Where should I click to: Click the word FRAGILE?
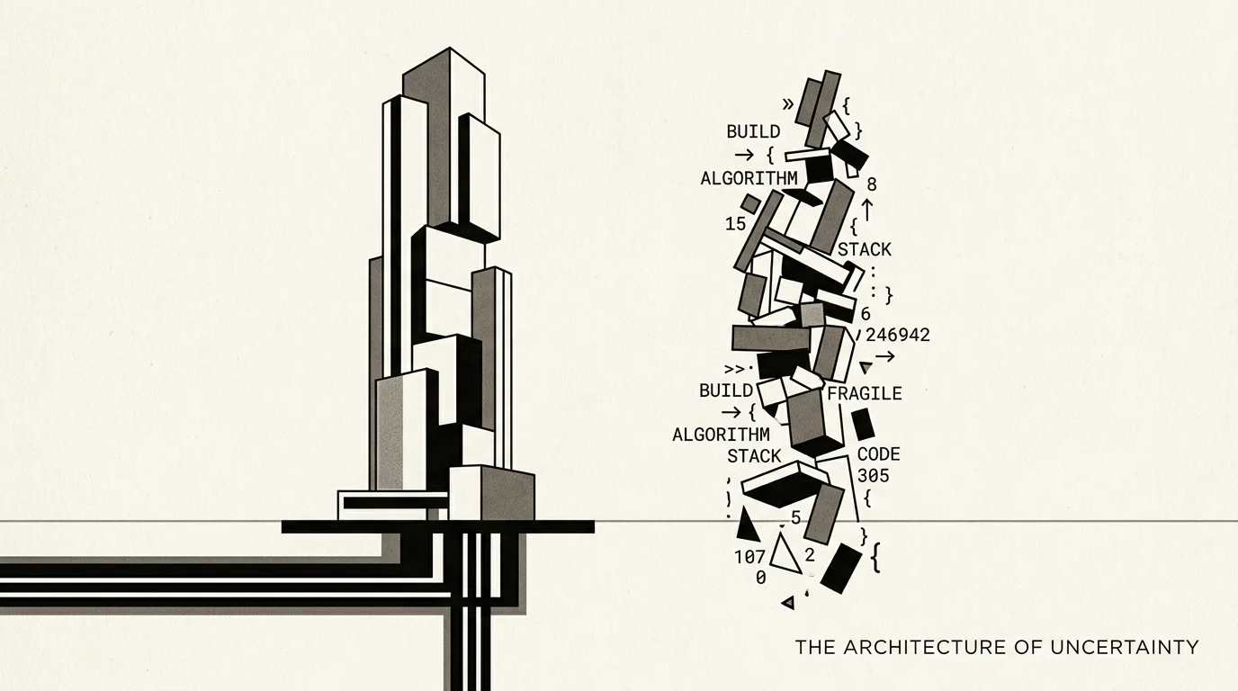coord(865,393)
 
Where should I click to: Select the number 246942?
coord(898,335)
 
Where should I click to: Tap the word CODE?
coord(879,453)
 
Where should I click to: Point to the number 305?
coord(874,475)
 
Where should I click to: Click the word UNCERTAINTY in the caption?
coord(1124,647)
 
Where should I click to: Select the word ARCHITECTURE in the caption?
coord(925,647)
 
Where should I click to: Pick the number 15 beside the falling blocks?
coord(736,224)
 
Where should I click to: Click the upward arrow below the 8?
coord(866,210)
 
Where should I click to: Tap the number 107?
coord(749,557)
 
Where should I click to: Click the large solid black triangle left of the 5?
coord(746,527)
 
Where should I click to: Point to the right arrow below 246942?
coord(885,356)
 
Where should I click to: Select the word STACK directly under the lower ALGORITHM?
coord(754,456)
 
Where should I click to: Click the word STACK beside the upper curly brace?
coord(865,249)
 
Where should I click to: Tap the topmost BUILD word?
coord(753,131)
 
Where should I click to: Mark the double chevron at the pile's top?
coord(788,104)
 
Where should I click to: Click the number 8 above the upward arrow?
coord(872,184)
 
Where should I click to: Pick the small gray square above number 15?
coord(750,203)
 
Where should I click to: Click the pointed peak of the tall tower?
coord(449,48)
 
